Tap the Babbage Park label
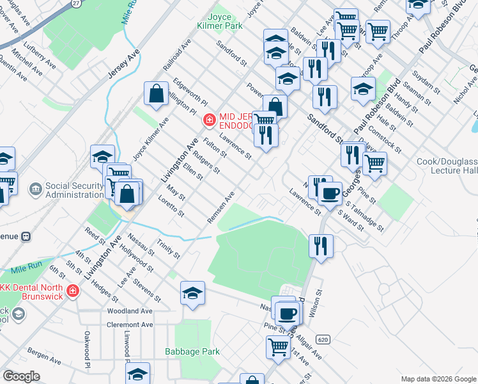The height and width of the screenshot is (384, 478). click(192, 351)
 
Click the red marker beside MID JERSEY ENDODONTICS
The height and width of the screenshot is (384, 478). click(208, 120)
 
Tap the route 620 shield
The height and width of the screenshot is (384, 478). click(324, 339)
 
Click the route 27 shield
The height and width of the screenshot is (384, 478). click(76, 3)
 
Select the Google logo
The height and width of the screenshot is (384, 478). click(22, 376)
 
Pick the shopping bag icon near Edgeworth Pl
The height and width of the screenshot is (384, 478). click(156, 93)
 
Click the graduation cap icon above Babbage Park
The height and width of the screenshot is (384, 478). click(192, 292)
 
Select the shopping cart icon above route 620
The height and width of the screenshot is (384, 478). click(278, 347)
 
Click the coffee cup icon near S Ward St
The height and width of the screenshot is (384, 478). click(330, 192)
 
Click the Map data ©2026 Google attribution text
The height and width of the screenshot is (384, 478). click(438, 379)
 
